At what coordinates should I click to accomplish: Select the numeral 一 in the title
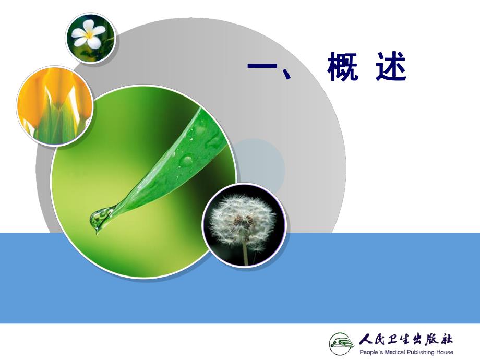(264, 67)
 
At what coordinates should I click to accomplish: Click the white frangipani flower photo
(90, 37)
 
